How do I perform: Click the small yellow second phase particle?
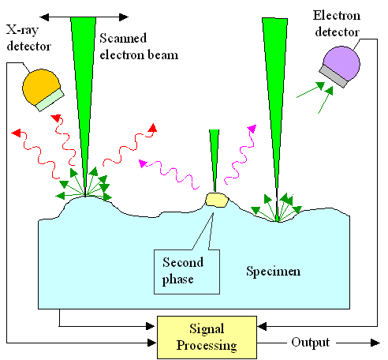[215, 201]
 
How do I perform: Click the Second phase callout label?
[183, 269]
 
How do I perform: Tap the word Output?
[309, 343]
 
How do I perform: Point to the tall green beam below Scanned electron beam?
[82, 87]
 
